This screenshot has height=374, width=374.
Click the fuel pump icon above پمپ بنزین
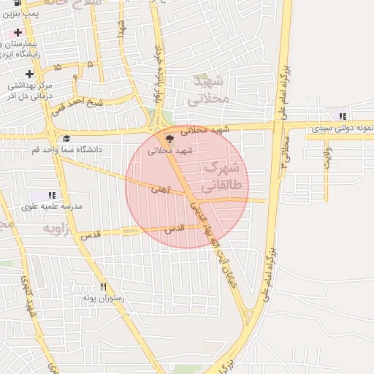(x=17, y=4)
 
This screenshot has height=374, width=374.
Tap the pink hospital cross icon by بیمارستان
(x=18, y=33)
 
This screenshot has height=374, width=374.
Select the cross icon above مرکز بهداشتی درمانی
(x=29, y=74)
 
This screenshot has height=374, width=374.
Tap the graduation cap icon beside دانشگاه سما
(x=67, y=138)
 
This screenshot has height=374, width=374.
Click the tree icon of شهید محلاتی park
(x=169, y=138)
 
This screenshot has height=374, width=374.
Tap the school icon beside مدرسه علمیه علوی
(x=52, y=195)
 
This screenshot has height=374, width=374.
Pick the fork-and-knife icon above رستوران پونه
(x=104, y=286)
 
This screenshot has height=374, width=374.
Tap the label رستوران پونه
(x=104, y=298)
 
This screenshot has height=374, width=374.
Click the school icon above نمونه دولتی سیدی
(x=343, y=116)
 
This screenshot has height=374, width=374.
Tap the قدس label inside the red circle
(x=173, y=229)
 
